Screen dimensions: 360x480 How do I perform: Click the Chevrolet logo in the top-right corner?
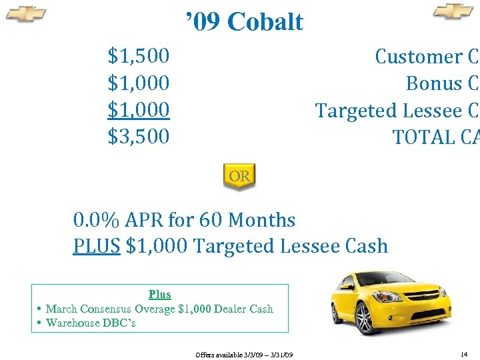pyautogui.click(x=453, y=11)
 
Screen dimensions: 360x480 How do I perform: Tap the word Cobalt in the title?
pyautogui.click(x=265, y=22)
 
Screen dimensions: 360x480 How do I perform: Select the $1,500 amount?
pyautogui.click(x=139, y=56)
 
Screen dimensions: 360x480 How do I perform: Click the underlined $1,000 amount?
pyautogui.click(x=139, y=109)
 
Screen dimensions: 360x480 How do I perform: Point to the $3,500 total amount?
pyautogui.click(x=139, y=136)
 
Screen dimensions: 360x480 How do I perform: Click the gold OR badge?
pyautogui.click(x=239, y=177)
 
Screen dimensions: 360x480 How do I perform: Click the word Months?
pyautogui.click(x=261, y=219)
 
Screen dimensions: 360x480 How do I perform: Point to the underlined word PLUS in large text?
pyautogui.click(x=97, y=246)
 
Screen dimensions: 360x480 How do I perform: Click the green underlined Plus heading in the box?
pyautogui.click(x=160, y=295)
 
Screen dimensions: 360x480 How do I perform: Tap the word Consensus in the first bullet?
pyautogui.click(x=105, y=309)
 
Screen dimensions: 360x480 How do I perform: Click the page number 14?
pyautogui.click(x=464, y=353)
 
